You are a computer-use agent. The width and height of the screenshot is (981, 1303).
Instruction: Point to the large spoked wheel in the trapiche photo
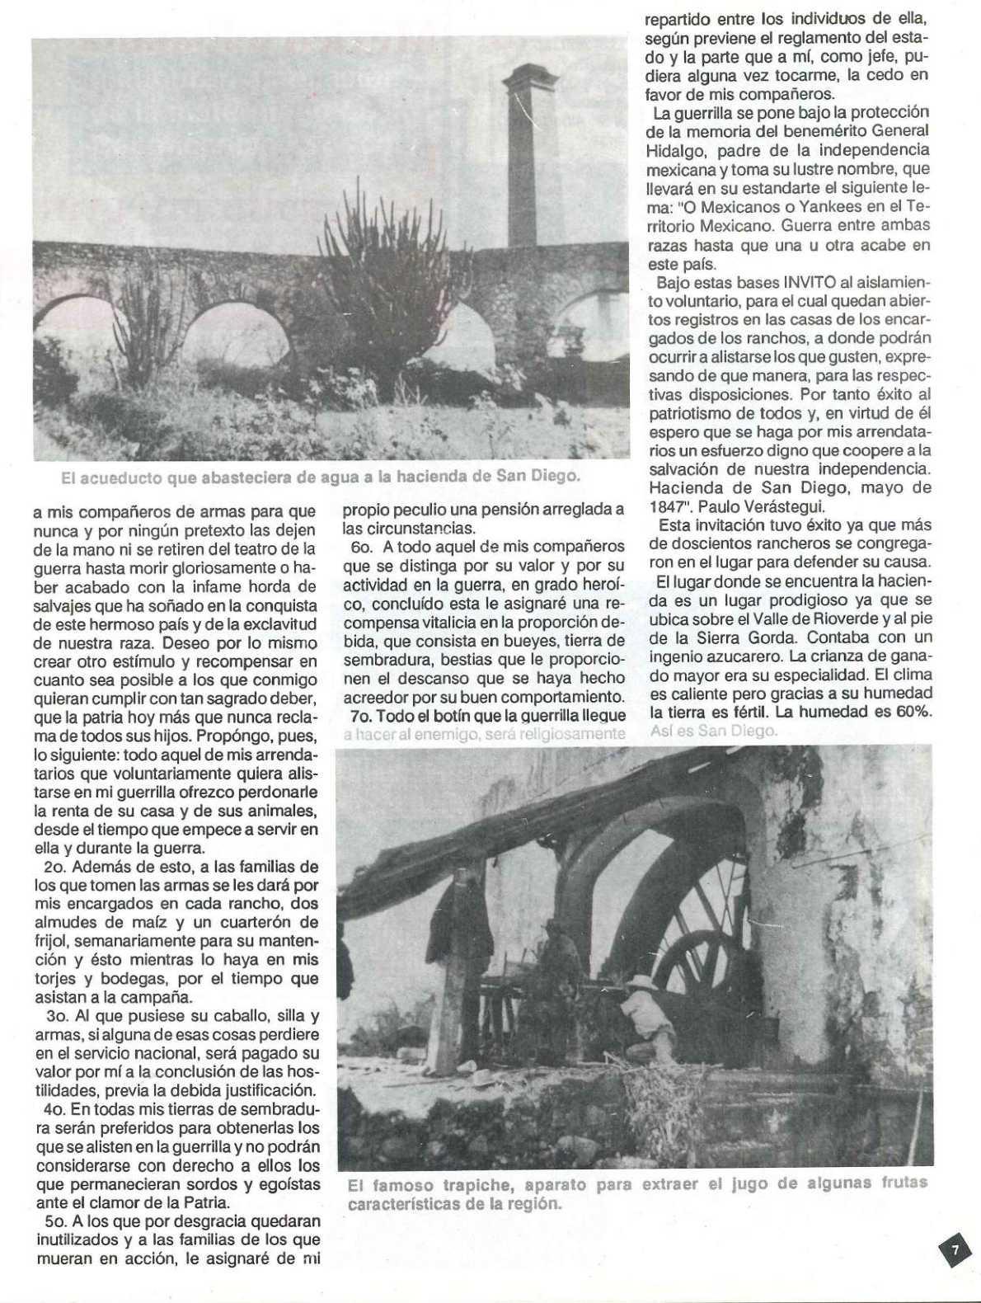pos(705,932)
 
